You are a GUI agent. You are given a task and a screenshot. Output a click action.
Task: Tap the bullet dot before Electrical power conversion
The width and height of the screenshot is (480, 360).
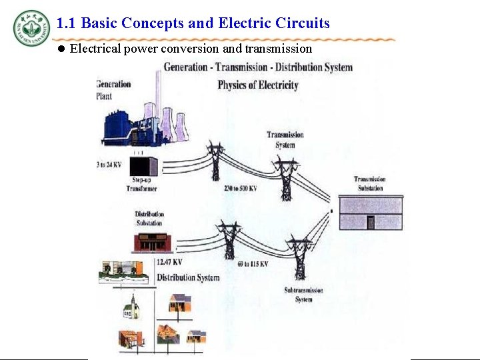[61, 49]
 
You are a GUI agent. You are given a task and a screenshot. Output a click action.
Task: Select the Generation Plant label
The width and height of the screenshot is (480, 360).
[113, 89]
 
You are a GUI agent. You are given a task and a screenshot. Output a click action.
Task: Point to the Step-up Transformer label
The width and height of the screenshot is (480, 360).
[141, 185]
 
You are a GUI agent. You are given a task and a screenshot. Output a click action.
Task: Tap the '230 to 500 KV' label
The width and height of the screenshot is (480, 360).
[241, 189]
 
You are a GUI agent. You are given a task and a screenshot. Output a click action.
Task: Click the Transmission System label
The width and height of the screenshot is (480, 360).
[285, 140]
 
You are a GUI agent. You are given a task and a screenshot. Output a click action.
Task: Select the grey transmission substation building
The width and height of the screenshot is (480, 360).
[371, 213]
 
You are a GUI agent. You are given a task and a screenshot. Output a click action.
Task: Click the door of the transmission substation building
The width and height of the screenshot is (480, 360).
[371, 223]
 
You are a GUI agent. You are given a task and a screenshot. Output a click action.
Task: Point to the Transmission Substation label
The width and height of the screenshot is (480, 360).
[369, 183]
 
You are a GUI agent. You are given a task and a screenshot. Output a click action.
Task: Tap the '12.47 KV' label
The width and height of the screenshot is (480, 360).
[169, 262]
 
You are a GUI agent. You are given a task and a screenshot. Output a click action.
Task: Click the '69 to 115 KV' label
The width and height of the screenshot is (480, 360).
[253, 265]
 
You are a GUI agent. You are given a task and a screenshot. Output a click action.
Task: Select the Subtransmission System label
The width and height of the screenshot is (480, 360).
[303, 295]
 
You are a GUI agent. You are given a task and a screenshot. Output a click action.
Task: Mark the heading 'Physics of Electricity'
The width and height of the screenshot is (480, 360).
[258, 85]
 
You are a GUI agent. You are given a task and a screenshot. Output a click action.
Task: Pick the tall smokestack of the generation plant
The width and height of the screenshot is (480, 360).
[158, 93]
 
